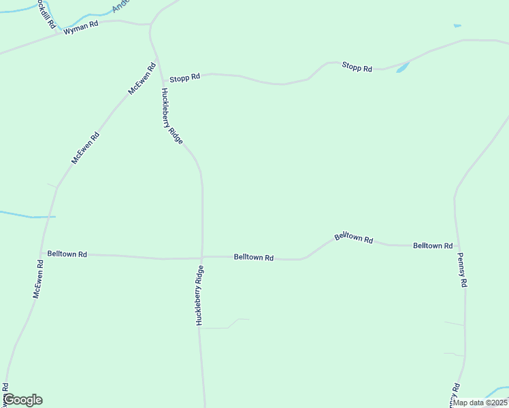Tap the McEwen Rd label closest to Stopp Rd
coord(142,79)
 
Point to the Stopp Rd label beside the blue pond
coord(357,67)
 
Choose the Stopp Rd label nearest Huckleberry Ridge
coord(185,78)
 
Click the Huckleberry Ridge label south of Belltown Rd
coord(199,295)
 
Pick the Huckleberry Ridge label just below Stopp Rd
coord(171,116)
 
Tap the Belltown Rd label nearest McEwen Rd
coord(67,254)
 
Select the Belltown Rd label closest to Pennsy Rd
coord(433,245)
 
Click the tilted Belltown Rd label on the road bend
coord(354,238)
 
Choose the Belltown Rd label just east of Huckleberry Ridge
coord(254,258)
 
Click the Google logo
coord(22,400)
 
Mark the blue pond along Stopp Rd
coord(403,67)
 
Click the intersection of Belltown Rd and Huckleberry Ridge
coord(202,257)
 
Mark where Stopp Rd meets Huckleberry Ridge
coord(161,77)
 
